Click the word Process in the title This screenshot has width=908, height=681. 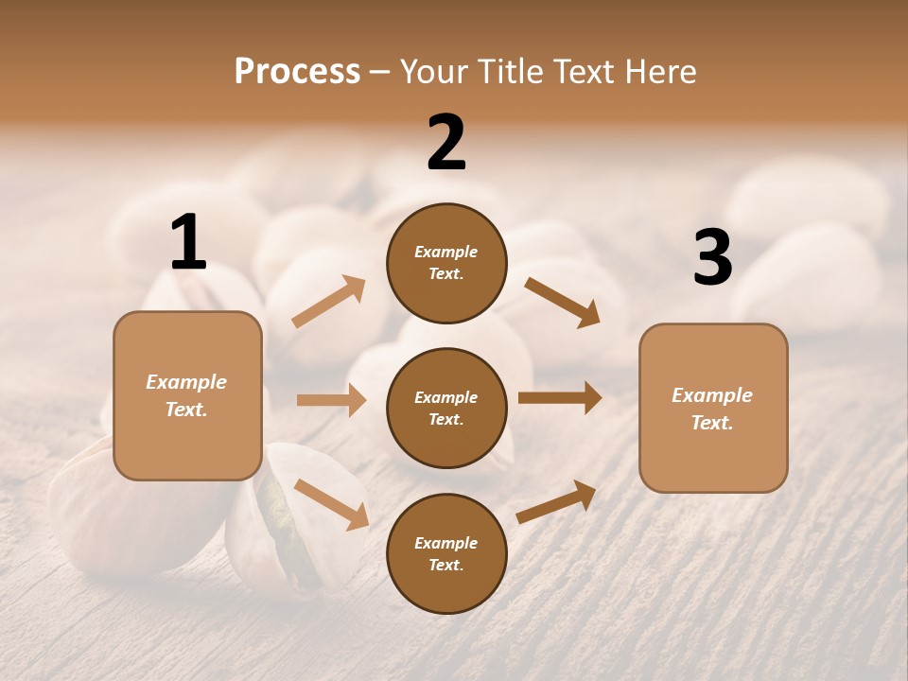pyautogui.click(x=297, y=72)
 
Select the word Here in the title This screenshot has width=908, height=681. pyautogui.click(x=659, y=72)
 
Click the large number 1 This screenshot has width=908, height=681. pyautogui.click(x=188, y=243)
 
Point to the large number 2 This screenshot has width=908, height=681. pyautogui.click(x=446, y=143)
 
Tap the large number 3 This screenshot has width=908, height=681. pyautogui.click(x=712, y=257)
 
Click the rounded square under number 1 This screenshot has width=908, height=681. pyautogui.click(x=187, y=395)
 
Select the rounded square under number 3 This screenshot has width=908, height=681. pyautogui.click(x=713, y=408)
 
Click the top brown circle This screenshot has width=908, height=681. pyautogui.click(x=446, y=263)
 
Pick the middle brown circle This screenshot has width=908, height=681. pyautogui.click(x=446, y=408)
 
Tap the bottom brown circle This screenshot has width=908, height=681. pyautogui.click(x=446, y=553)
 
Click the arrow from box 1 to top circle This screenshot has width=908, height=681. pyautogui.click(x=328, y=302)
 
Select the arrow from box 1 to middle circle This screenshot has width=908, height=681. pyautogui.click(x=331, y=400)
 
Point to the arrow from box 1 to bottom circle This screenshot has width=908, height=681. pyautogui.click(x=331, y=504)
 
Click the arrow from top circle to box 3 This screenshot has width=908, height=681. pyautogui.click(x=562, y=302)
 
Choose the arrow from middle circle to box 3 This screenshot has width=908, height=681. pyautogui.click(x=560, y=398)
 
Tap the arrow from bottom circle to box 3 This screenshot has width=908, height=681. pyautogui.click(x=556, y=502)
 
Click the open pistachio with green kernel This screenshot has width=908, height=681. pyautogui.click(x=280, y=515)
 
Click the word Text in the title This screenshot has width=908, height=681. pyautogui.click(x=581, y=72)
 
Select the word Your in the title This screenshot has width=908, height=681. pyautogui.click(x=433, y=72)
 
